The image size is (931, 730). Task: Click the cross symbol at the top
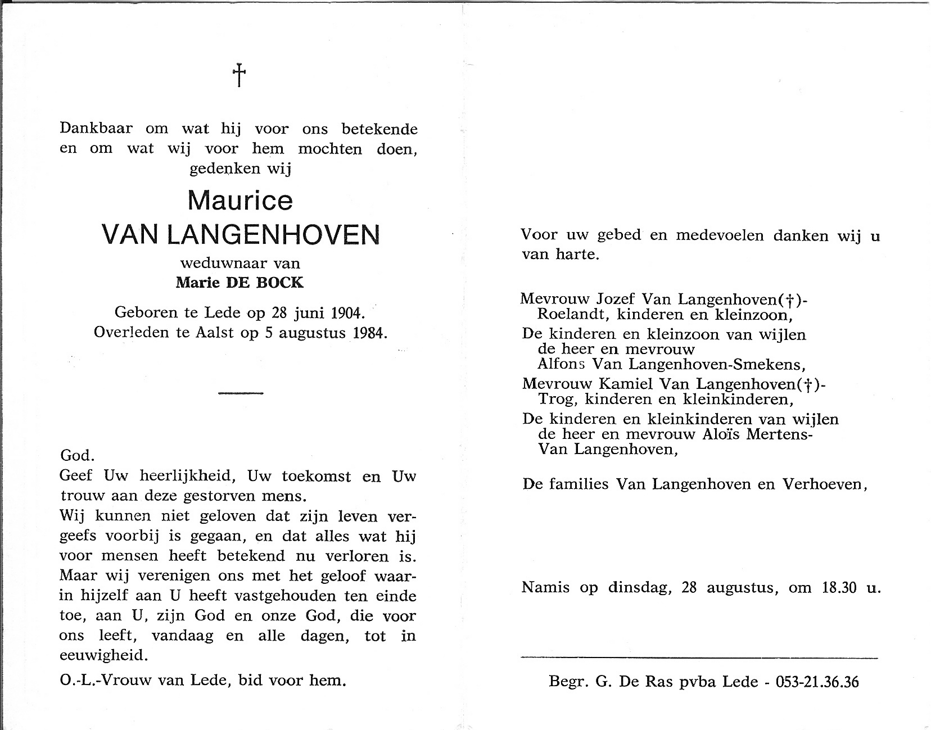tap(239, 75)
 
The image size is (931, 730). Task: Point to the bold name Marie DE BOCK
tap(239, 283)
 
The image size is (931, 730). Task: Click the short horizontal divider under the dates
tap(241, 393)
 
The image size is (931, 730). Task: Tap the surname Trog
tap(557, 400)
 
